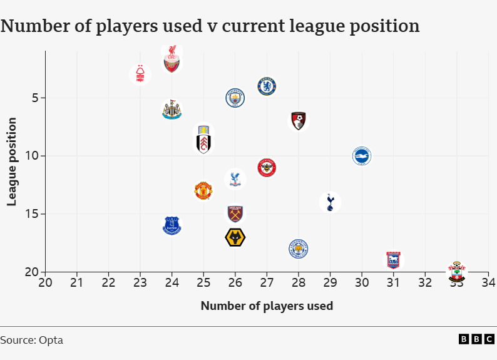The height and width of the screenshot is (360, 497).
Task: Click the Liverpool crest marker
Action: (x=172, y=60)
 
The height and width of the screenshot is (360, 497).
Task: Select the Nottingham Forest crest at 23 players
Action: (x=140, y=75)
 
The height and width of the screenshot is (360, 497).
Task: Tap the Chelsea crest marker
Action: (x=267, y=86)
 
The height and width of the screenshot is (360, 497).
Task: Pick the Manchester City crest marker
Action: (x=235, y=98)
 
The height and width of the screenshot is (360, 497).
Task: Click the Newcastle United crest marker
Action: (x=172, y=110)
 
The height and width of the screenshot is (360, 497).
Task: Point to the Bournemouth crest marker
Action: (x=299, y=121)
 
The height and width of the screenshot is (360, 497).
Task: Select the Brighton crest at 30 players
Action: (x=362, y=156)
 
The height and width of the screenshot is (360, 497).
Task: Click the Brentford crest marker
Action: (x=267, y=168)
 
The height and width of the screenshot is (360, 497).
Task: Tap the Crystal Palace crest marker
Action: (x=235, y=179)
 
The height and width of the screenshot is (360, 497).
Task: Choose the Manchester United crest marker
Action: (x=203, y=190)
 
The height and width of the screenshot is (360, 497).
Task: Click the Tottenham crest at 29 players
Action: (x=330, y=202)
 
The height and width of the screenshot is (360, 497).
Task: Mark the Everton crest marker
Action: (x=172, y=225)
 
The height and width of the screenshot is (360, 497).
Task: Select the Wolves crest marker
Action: (x=235, y=237)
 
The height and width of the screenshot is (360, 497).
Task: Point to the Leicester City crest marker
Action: (x=299, y=249)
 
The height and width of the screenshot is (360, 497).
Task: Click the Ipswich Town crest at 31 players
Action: (x=394, y=260)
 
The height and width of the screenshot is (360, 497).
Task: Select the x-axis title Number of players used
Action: (x=267, y=306)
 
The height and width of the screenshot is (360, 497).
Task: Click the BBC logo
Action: (x=476, y=339)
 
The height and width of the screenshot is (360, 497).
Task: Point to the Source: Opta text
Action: (x=31, y=341)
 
